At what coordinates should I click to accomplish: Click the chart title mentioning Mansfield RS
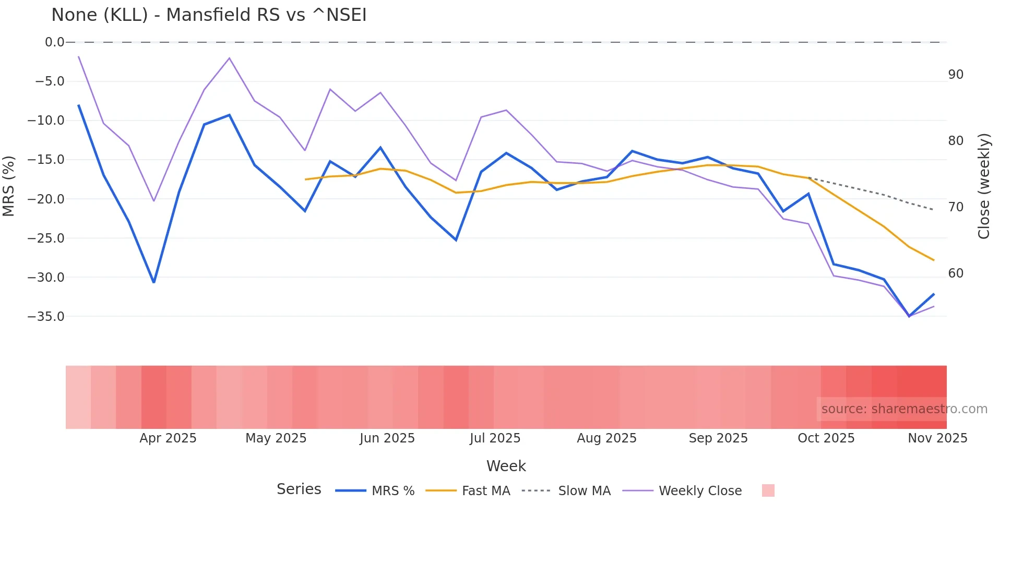point(209,15)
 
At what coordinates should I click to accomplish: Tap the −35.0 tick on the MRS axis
point(46,317)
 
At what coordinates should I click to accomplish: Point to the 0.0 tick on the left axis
point(54,42)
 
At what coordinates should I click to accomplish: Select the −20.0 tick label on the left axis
point(46,199)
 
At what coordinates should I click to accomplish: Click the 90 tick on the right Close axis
point(956,75)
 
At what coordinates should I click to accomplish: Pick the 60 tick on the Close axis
point(956,273)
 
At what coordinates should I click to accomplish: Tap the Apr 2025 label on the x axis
point(168,438)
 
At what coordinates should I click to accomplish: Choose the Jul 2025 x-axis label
point(495,438)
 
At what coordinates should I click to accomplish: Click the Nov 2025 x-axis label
point(937,438)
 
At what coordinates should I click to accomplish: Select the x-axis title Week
point(506,466)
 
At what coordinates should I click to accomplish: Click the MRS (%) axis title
point(9,186)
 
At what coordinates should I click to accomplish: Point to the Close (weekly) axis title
point(984,186)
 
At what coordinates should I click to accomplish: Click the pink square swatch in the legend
point(768,490)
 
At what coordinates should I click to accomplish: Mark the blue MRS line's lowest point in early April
point(154,282)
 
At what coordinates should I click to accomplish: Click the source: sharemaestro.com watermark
point(904,409)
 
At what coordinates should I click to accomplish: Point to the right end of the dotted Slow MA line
point(933,210)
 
